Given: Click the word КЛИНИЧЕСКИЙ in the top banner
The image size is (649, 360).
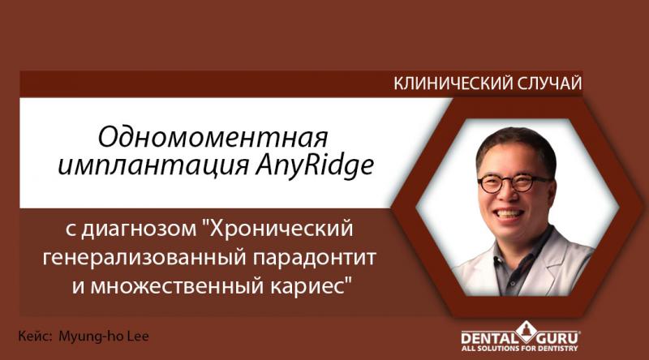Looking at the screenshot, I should pyautogui.click(x=442, y=84).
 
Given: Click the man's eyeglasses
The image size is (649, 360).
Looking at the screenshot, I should pyautogui.click(x=514, y=181).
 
